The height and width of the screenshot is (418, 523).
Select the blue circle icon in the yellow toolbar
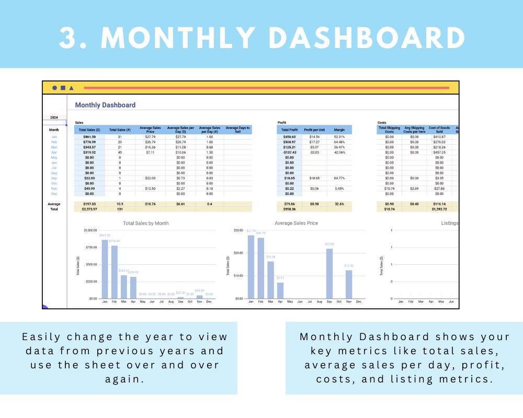55,88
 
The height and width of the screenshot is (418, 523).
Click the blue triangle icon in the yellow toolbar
71,88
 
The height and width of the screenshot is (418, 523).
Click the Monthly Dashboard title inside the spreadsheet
105,105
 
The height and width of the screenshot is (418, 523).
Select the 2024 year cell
54,118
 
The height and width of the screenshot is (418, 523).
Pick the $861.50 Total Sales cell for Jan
89,136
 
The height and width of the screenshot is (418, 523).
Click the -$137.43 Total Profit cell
289,152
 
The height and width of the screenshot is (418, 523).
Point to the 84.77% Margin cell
339,178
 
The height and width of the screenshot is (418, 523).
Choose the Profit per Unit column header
315,130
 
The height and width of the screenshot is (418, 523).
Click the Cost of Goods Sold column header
439,130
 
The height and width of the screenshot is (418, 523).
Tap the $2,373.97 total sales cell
89,209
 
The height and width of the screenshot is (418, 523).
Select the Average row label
54,204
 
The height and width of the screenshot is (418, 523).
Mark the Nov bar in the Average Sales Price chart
349,284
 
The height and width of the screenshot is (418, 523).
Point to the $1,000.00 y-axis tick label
90,230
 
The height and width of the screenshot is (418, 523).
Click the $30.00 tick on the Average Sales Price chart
238,230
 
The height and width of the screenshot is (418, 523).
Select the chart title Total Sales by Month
146,223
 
